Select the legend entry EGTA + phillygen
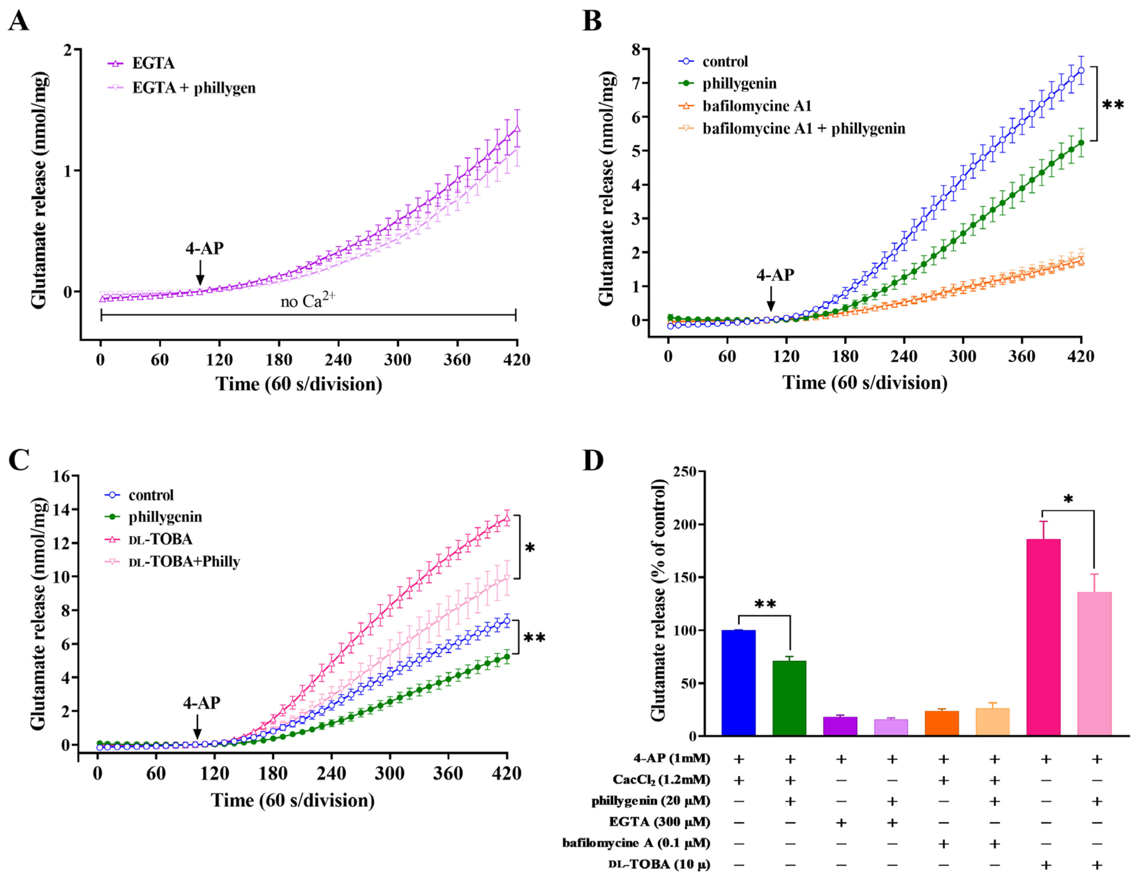point(193,88)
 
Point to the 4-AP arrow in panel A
point(200,272)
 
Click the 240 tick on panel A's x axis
point(338,360)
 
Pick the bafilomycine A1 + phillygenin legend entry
point(803,128)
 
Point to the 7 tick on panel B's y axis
point(636,83)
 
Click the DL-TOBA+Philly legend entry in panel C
point(184,562)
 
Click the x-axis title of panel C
point(292,800)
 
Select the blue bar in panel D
point(738,683)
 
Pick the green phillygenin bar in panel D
point(789,698)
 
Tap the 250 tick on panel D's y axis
point(685,472)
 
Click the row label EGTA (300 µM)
point(659,822)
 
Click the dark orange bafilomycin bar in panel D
point(942,723)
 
